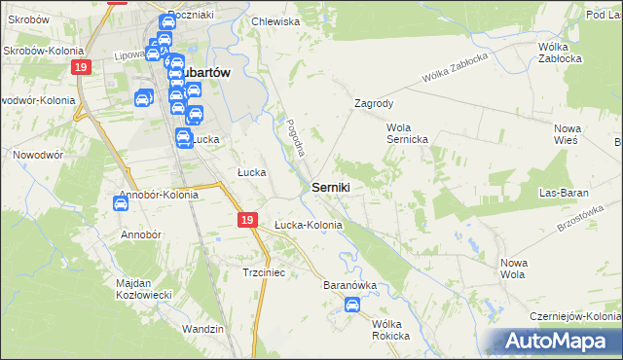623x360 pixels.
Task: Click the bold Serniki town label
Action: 332,186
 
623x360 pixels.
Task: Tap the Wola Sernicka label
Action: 408,133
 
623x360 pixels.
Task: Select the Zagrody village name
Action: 374,102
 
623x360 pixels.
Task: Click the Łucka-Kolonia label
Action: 308,225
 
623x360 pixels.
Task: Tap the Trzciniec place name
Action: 263,273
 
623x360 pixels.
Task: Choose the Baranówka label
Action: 349,286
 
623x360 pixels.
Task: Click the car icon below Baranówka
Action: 352,306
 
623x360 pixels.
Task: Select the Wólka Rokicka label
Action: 385,330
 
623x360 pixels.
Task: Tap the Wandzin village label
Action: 202,329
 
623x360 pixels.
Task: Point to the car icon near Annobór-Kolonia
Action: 121,204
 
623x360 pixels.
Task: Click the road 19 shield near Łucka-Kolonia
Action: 248,222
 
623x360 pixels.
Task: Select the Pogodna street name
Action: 296,137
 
